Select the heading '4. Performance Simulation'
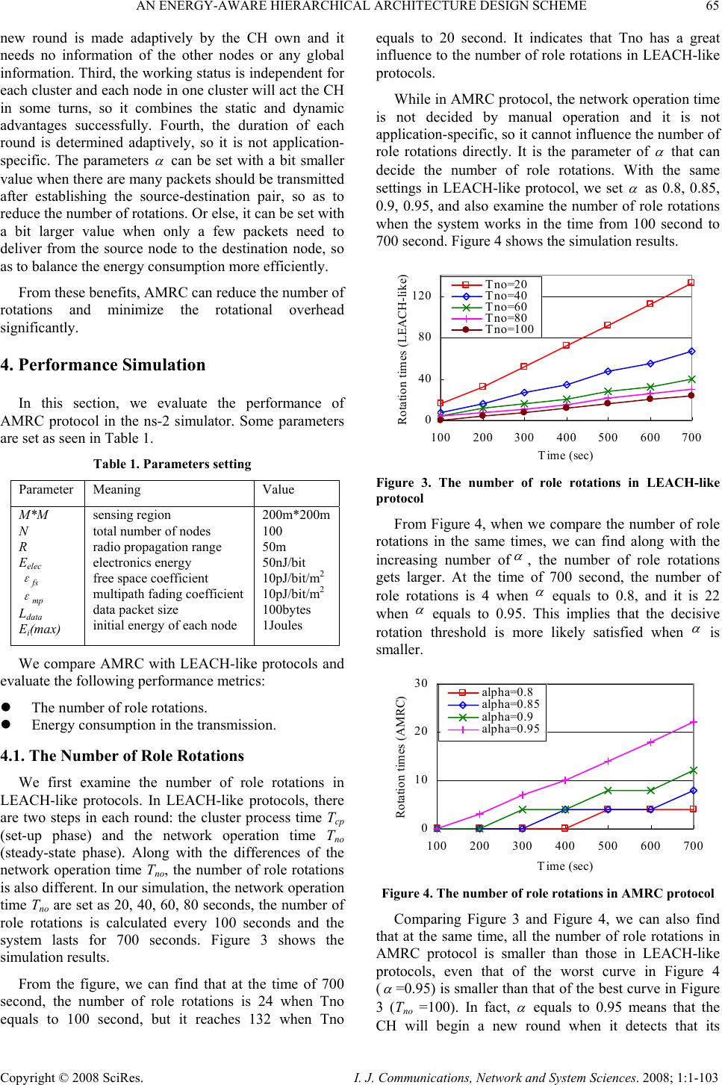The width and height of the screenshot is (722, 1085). point(103,365)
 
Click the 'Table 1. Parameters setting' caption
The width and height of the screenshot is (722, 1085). point(172,464)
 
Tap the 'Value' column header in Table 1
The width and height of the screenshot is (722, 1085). point(278,490)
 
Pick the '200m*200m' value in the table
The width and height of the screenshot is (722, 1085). point(297,515)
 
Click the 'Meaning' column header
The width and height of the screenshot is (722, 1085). point(116,490)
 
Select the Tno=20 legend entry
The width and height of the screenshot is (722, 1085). point(505,284)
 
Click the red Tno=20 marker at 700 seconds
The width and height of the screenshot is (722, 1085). point(691,282)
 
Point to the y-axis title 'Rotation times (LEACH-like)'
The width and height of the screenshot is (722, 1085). point(403,349)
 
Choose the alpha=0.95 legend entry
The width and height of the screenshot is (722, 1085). point(509,728)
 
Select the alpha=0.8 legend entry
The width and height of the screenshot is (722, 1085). point(506,691)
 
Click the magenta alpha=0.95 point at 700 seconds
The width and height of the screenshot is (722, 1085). point(693,722)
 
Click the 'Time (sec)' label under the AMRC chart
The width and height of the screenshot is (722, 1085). point(565,865)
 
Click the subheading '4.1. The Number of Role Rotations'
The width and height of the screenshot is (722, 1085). point(122,756)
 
